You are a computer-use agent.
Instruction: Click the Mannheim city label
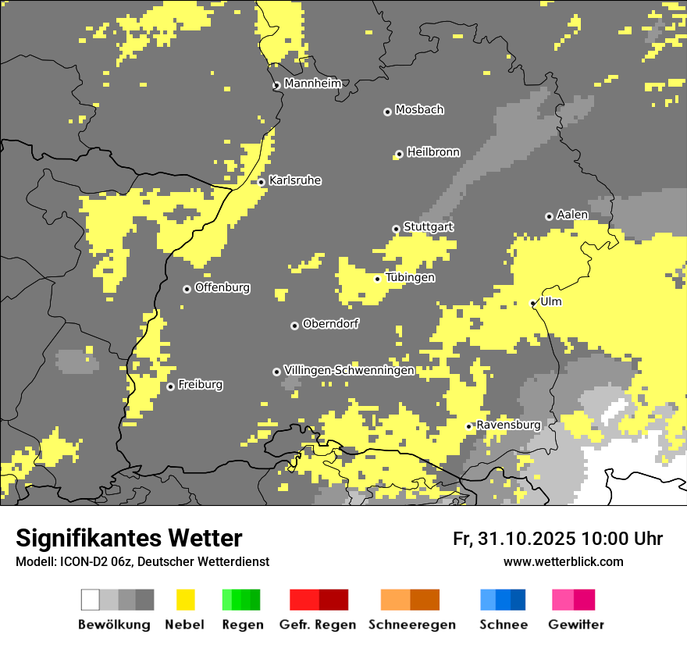313,84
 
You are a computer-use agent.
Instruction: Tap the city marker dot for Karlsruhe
262,182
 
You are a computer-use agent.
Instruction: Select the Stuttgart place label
429,226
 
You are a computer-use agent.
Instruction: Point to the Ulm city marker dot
533,303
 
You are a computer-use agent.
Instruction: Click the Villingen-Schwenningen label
349,370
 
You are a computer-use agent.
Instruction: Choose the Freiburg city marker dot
170,386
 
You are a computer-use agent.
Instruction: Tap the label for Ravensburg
508,425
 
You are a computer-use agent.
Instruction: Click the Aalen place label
572,215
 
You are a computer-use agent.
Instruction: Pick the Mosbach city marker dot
387,112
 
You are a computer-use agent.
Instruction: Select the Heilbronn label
433,152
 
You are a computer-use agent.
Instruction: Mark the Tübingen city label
410,277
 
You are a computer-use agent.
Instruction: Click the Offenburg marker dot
187,289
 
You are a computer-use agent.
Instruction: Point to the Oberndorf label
330,324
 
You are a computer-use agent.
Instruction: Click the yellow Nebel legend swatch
185,600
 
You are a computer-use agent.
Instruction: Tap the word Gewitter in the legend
576,625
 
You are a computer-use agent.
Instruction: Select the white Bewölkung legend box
91,600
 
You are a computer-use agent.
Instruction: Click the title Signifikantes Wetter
129,538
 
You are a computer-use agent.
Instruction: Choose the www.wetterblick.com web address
564,561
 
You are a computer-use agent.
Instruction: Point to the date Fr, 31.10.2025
514,539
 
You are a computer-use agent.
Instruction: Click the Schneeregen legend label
412,625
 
